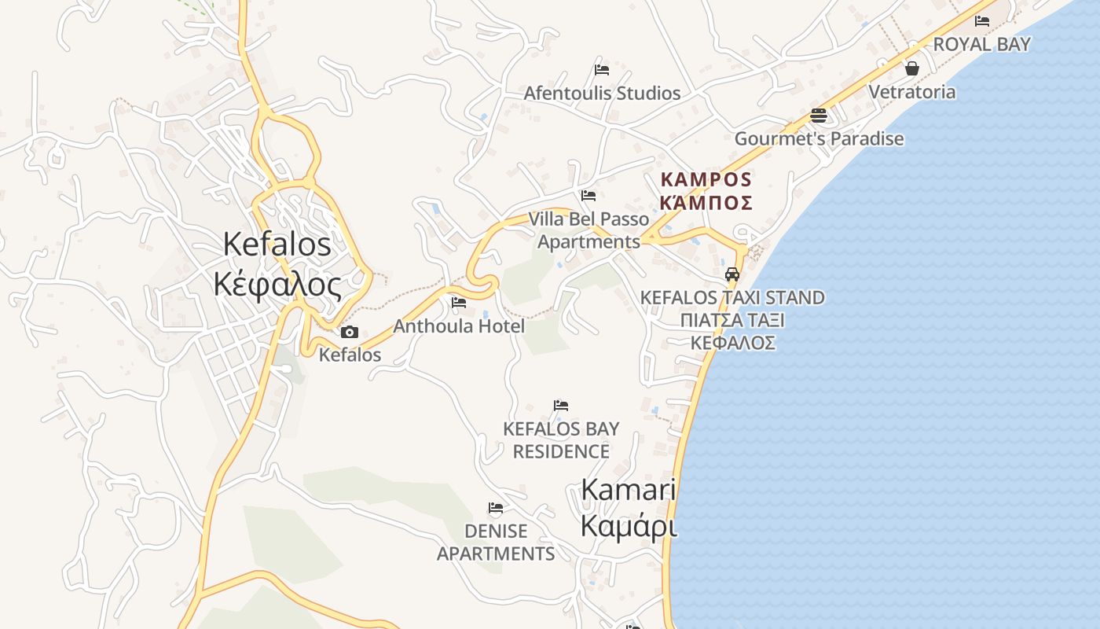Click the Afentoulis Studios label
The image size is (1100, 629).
[602, 94]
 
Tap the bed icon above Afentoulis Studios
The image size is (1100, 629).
[602, 69]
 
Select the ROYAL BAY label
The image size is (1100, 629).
[981, 45]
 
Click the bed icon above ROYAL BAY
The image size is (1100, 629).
[981, 21]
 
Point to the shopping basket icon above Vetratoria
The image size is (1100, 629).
[911, 68]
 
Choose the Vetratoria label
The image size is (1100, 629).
[911, 92]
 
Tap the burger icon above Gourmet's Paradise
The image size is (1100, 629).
[819, 116]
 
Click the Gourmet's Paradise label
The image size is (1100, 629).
[819, 139]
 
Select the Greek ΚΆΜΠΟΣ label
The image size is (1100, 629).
[706, 203]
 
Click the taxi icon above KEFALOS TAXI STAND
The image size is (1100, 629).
[732, 274]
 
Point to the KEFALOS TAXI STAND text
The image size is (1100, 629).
[732, 298]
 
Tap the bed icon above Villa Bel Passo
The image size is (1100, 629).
[588, 195]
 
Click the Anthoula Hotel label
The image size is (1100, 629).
[459, 326]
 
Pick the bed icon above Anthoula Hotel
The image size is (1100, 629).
[459, 302]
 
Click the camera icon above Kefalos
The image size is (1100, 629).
[350, 332]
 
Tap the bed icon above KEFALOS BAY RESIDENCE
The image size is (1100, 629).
[560, 406]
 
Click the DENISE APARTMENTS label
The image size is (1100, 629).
[496, 543]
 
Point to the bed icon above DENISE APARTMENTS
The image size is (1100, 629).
[496, 508]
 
